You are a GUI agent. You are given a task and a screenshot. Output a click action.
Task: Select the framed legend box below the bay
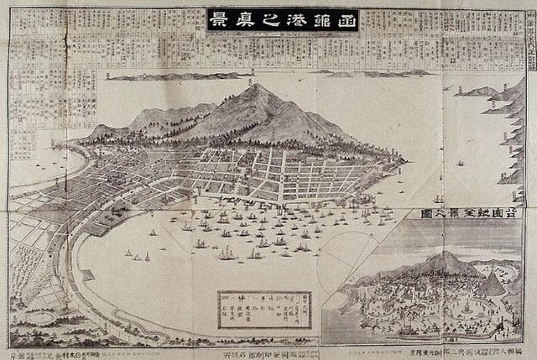pyautogui.click(x=263, y=310)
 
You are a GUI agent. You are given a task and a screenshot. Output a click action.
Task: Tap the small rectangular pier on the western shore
pyautogui.click(x=86, y=275)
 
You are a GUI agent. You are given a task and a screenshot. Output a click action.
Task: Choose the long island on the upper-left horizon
pyautogui.click(x=164, y=76)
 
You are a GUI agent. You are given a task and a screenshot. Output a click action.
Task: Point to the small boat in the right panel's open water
pyautogui.click(x=460, y=163)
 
